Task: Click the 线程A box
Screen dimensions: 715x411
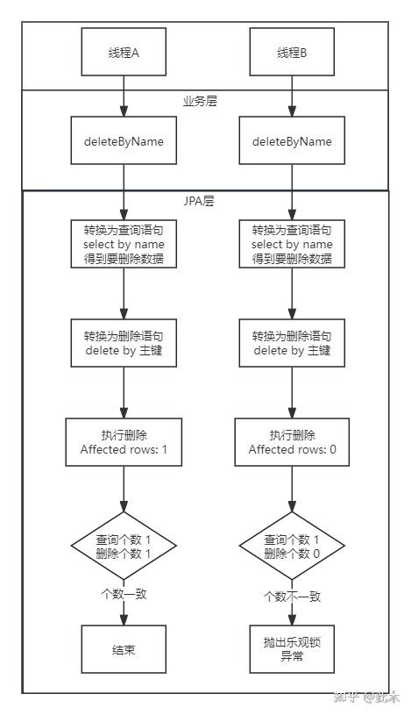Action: [x=124, y=51]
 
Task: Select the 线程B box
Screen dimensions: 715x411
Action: [x=292, y=51]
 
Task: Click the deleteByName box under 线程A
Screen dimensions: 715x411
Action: [x=124, y=140]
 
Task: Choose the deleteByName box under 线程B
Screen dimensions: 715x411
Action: [x=292, y=140]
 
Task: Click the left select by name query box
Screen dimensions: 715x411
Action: [x=124, y=244]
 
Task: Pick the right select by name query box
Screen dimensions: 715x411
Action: [x=292, y=244]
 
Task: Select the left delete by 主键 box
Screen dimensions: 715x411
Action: [x=124, y=343]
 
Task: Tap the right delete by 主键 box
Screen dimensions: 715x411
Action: [x=292, y=343]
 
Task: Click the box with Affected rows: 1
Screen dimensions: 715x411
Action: [x=124, y=442]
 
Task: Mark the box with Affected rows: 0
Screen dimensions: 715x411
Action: [x=292, y=442]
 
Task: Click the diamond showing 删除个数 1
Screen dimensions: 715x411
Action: [x=124, y=547]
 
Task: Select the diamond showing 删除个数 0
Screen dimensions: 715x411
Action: [x=292, y=547]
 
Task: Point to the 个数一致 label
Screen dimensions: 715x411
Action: [x=124, y=594]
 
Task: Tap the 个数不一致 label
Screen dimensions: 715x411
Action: [x=292, y=597]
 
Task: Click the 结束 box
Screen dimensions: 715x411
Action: [x=124, y=649]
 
